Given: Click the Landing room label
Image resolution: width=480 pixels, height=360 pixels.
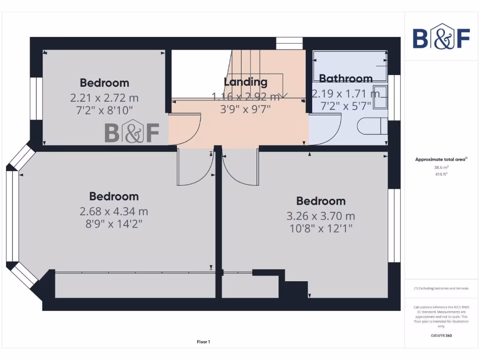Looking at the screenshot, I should pos(246,82).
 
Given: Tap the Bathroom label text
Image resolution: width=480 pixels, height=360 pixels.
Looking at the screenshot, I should pos(346,78).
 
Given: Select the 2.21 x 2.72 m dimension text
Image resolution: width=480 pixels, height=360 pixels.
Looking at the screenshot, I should pos(105,98).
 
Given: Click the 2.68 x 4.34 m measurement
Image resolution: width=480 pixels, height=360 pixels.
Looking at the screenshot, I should pos(114,211).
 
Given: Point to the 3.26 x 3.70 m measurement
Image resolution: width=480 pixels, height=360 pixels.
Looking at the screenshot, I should pos(321,216).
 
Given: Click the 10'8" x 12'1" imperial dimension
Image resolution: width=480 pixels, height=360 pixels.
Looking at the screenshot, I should pos(321,228).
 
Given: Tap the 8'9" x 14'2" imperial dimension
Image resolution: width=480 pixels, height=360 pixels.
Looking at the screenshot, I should pos(114,224).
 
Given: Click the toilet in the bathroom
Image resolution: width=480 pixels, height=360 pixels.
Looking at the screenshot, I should pos(373,126).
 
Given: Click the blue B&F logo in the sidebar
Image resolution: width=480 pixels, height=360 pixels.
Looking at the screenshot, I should pos(441,37).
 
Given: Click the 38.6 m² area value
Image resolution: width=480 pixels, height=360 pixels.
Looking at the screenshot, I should pos(441,167).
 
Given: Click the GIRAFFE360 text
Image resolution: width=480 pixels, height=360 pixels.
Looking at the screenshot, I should pos(441,336).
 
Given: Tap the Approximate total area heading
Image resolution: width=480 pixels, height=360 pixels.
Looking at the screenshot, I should pos(441,159).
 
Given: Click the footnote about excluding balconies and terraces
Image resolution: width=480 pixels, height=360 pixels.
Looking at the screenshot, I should pos(441,288).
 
